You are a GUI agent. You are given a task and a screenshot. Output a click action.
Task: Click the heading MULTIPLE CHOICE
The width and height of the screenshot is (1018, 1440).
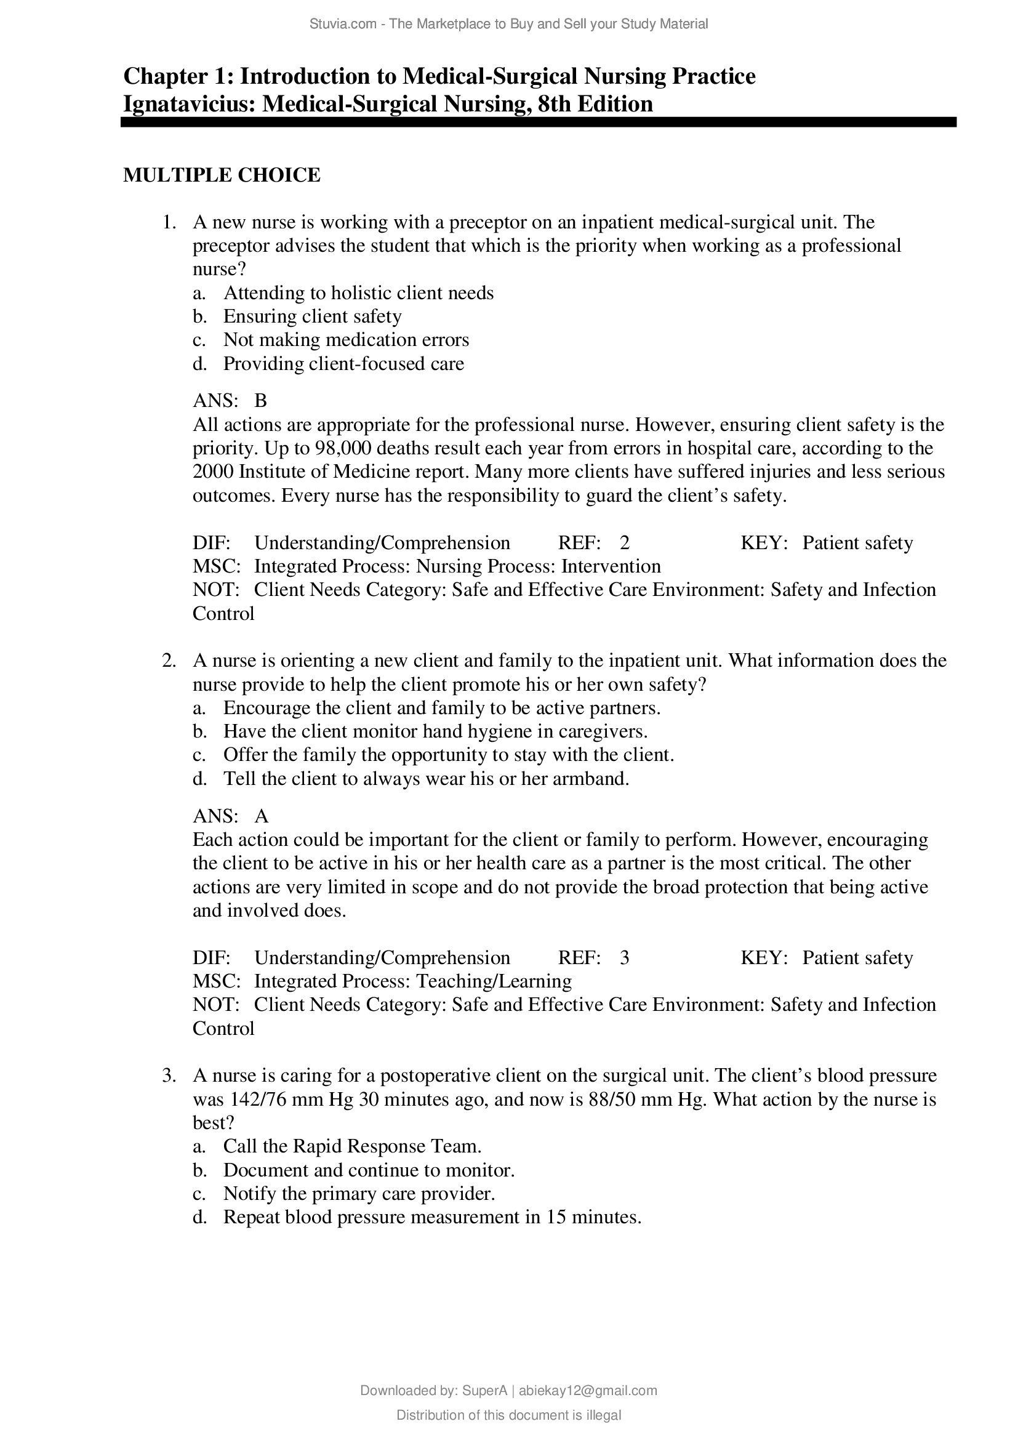pos(222,175)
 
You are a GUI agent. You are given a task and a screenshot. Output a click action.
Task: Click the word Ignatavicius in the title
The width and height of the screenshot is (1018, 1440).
pos(188,103)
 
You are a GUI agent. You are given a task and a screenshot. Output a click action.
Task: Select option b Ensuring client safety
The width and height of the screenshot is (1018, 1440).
pos(312,316)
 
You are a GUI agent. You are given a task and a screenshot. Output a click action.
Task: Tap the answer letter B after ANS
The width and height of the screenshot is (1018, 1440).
pos(261,400)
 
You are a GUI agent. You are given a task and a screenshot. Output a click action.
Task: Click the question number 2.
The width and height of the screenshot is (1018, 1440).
pos(169,661)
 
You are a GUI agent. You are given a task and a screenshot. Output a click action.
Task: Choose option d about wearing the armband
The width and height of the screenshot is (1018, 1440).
pos(426,778)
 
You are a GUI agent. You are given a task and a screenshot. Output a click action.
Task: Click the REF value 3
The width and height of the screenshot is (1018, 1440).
pos(624,958)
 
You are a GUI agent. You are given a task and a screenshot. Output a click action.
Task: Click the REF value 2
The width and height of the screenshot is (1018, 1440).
pos(624,542)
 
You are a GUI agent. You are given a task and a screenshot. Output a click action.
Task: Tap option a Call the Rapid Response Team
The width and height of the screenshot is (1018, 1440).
pos(352,1146)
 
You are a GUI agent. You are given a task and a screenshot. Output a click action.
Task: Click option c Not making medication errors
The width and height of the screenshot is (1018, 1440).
pos(346,340)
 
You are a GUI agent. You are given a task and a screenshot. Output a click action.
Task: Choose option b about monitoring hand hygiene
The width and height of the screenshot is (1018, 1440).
pos(435,731)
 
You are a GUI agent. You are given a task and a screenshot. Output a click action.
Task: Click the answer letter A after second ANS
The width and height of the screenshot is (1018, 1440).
pos(262,816)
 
